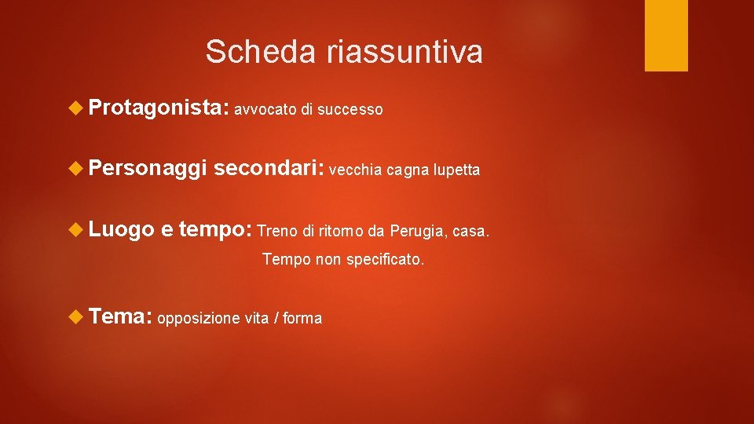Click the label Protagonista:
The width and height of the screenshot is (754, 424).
tap(158, 108)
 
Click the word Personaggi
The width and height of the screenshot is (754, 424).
tap(148, 168)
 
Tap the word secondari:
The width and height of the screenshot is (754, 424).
tap(269, 168)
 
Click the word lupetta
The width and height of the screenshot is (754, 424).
tap(456, 170)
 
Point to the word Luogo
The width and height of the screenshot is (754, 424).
tap(122, 229)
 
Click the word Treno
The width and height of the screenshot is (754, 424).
tap(276, 232)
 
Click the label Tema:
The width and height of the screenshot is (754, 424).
tap(120, 316)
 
